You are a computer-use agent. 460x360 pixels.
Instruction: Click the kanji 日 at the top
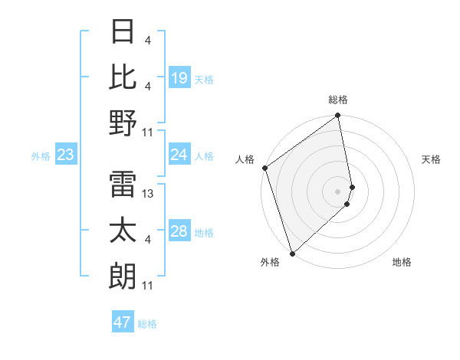click(x=123, y=32)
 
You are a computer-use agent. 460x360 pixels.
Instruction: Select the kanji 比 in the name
click(x=123, y=77)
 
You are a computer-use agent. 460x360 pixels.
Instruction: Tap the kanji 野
click(x=123, y=123)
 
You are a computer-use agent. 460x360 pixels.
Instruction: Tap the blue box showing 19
click(x=179, y=78)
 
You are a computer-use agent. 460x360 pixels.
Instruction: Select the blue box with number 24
click(x=179, y=155)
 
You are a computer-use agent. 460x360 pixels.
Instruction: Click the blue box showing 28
click(x=179, y=232)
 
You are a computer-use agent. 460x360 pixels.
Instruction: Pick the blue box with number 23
click(x=66, y=155)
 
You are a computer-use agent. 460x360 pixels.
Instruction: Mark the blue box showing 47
click(x=123, y=322)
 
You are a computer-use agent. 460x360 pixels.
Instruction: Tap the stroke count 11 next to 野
click(x=149, y=133)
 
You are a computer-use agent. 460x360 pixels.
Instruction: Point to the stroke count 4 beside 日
click(x=147, y=41)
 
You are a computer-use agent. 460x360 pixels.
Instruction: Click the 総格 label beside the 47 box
click(x=147, y=324)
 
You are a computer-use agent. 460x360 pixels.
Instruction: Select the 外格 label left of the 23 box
click(x=41, y=156)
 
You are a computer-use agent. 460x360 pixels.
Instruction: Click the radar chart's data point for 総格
click(x=338, y=116)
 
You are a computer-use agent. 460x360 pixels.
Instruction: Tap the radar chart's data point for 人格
click(x=264, y=168)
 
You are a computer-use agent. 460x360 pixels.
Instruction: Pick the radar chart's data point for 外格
click(x=292, y=253)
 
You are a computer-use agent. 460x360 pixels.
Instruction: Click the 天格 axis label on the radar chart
click(x=432, y=159)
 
